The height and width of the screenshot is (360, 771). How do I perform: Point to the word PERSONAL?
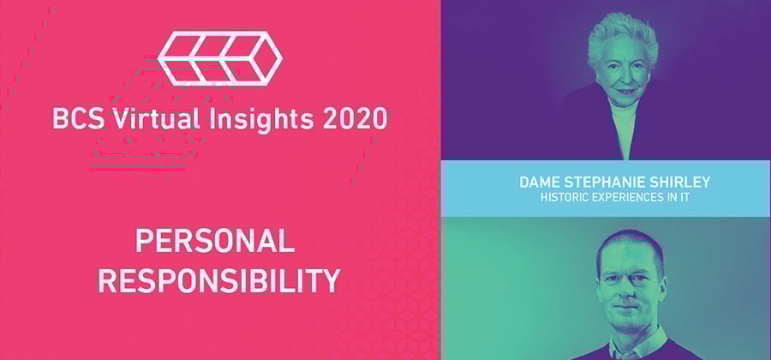coord(215,243)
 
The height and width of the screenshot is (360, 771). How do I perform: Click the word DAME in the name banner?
coord(540,183)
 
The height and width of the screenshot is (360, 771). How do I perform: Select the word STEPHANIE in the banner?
coord(606,183)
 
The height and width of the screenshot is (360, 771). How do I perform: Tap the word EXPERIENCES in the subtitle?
coord(626,198)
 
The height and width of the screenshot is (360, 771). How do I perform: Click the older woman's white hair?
coord(622,33)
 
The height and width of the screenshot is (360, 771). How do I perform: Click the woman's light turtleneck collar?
coord(624,129)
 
